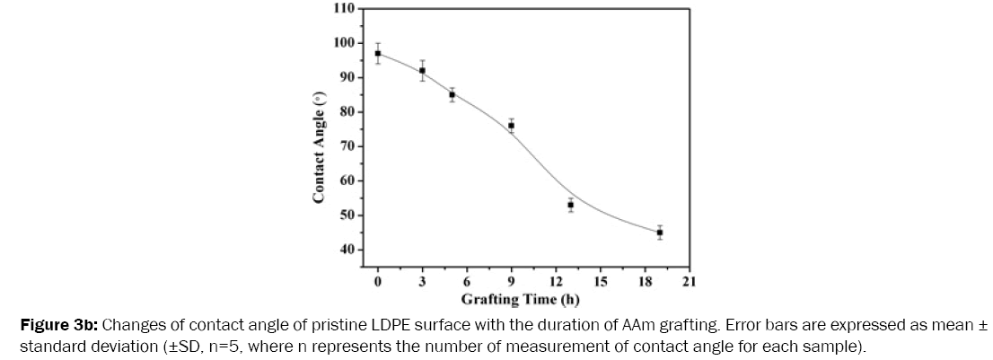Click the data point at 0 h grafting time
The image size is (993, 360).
[378, 53]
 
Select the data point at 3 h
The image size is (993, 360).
[422, 70]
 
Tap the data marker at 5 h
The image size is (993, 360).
[452, 94]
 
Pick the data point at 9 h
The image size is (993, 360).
[511, 126]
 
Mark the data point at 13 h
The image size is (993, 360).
[570, 205]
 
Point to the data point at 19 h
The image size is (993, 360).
[659, 233]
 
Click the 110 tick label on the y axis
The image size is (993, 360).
[344, 8]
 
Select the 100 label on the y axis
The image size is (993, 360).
[344, 42]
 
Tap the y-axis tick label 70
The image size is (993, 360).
[347, 145]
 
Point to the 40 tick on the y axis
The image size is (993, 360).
[347, 249]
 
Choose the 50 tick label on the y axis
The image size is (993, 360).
[347, 215]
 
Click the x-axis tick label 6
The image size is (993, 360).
[467, 282]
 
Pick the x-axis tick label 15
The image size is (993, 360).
[600, 282]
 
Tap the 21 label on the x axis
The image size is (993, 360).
[689, 282]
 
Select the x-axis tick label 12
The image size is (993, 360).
[555, 282]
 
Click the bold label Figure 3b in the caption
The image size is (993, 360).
[50, 323]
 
